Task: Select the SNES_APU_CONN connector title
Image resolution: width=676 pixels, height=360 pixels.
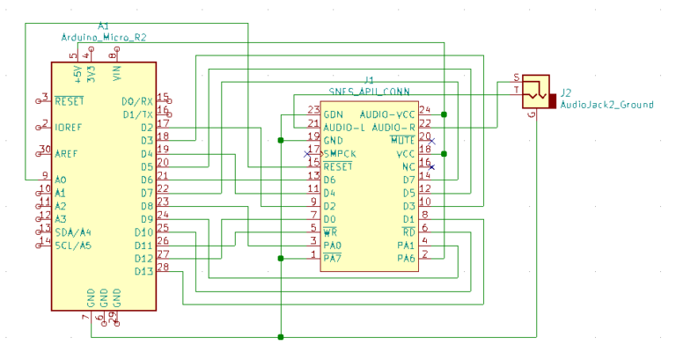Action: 368,91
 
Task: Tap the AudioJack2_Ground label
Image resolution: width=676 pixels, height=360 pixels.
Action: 606,105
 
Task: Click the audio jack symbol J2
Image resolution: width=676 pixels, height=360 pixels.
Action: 533,90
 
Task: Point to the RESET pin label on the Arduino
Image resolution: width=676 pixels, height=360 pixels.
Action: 69,100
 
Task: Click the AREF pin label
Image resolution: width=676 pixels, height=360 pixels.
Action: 66,153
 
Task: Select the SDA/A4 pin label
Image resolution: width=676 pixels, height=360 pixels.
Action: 72,231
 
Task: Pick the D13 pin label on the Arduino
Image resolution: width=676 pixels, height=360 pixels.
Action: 143,270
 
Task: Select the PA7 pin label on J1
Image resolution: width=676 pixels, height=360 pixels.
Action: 332,258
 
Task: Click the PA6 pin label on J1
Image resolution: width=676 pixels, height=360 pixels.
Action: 405,258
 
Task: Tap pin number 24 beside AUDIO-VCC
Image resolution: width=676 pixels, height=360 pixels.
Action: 424,110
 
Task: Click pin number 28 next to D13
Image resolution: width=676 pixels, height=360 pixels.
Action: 163,266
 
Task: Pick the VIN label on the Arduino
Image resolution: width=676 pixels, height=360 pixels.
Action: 118,72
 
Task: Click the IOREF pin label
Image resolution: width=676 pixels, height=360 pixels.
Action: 69,127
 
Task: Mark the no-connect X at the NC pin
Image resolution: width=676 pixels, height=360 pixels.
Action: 430,166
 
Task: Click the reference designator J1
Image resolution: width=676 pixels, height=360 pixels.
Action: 369,80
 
